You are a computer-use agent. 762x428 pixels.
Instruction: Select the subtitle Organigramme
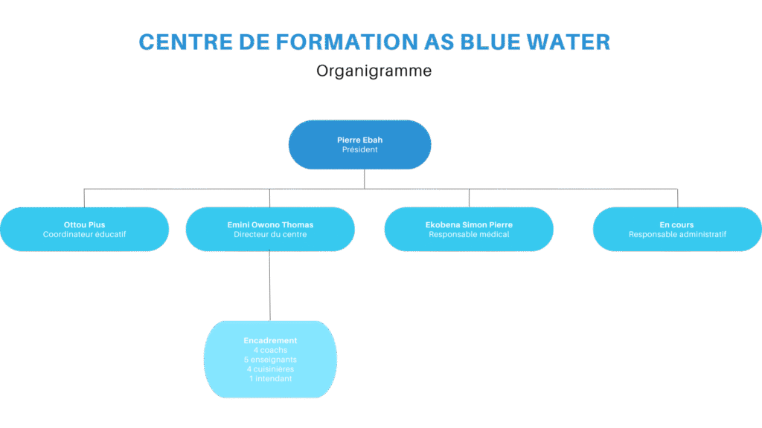click(x=374, y=71)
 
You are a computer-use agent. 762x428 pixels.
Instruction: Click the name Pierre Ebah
click(x=359, y=140)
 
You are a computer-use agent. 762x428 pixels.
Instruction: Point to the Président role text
click(x=359, y=149)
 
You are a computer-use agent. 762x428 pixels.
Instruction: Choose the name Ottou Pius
click(x=84, y=224)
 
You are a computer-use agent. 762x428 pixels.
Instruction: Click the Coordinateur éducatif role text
click(x=84, y=235)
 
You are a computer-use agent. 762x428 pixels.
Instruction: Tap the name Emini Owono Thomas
click(x=270, y=224)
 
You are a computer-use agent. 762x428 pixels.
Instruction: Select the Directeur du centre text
click(x=270, y=235)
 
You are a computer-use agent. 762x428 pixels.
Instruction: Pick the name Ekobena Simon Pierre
click(x=469, y=224)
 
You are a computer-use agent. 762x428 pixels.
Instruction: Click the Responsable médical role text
click(x=469, y=235)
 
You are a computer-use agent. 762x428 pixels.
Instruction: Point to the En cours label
click(x=676, y=224)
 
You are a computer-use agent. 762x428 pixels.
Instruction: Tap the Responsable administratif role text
click(x=677, y=235)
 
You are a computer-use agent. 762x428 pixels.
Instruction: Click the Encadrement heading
click(x=270, y=340)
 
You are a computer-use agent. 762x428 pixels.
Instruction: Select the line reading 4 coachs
click(x=270, y=350)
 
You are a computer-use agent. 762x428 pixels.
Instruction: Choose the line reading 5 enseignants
click(x=270, y=360)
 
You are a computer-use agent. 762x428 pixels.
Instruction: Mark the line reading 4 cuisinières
click(x=270, y=369)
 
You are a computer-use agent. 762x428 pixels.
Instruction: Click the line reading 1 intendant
click(x=270, y=379)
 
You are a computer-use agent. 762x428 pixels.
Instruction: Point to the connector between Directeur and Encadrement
click(x=269, y=286)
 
